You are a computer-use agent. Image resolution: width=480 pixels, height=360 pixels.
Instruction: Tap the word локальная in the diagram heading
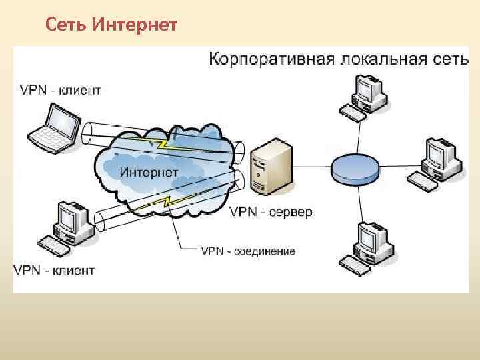[366, 59]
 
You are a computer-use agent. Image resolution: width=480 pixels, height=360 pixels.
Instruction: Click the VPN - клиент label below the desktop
[54, 270]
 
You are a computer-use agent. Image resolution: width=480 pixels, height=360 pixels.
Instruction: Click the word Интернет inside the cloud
[149, 172]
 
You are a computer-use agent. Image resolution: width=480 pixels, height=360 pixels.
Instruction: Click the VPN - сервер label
[271, 212]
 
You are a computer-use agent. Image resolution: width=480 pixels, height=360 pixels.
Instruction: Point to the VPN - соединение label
[248, 251]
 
